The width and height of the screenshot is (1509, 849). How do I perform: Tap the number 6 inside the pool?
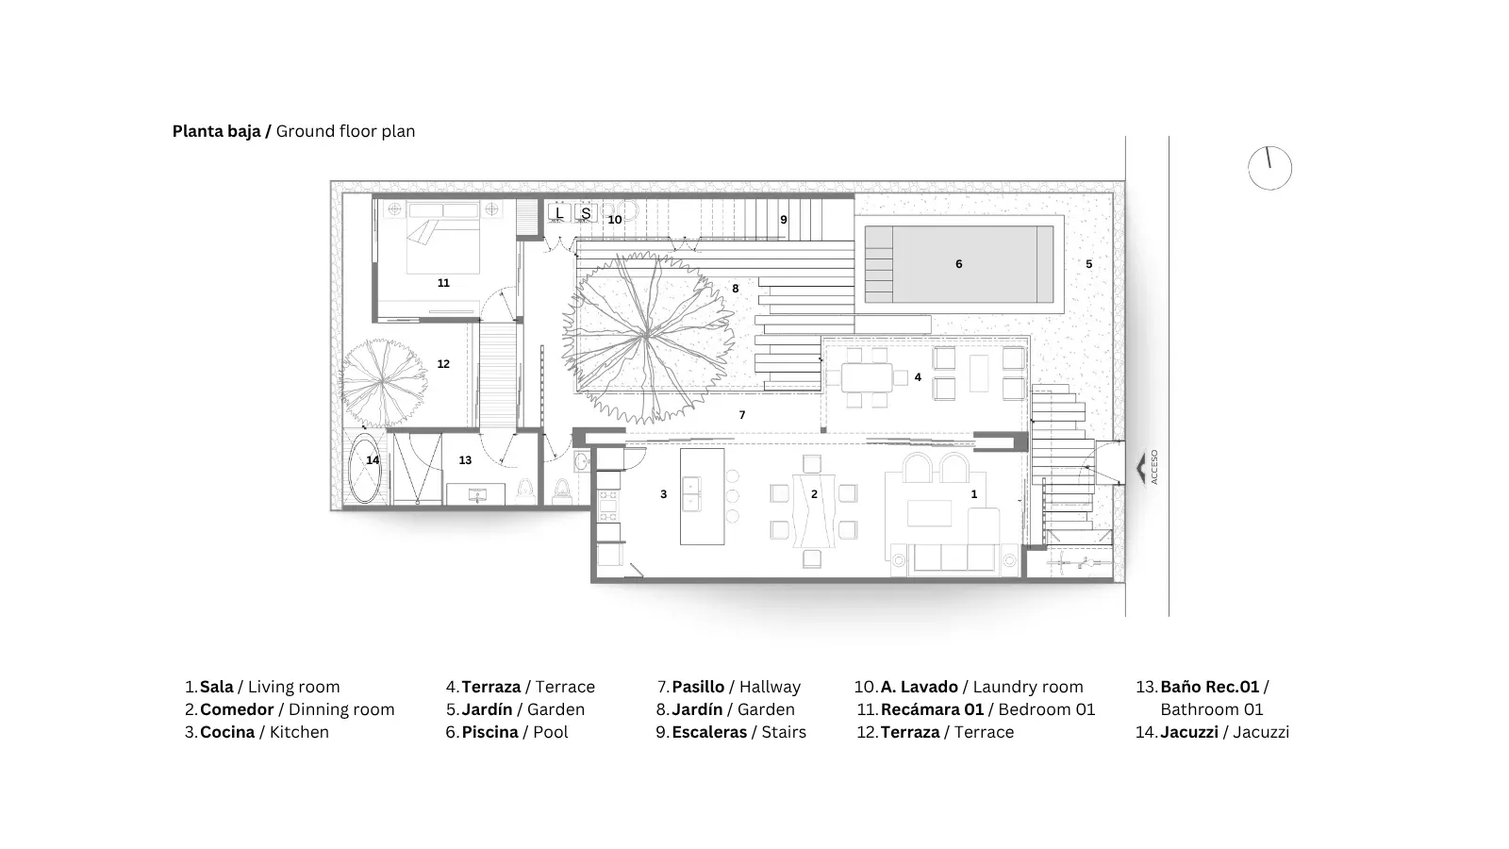(x=958, y=264)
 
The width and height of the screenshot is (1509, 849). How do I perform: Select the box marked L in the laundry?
(x=559, y=213)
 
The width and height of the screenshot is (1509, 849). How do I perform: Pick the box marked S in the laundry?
(x=586, y=213)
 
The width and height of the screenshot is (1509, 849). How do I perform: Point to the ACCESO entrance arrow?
(x=1141, y=468)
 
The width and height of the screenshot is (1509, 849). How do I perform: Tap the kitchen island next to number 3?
(x=702, y=496)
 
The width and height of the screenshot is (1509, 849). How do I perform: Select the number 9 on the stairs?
(x=784, y=220)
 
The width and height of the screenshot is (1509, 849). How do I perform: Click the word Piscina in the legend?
(x=489, y=732)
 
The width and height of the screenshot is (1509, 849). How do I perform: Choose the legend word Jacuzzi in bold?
(x=1189, y=732)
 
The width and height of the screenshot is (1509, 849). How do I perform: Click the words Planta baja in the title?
(x=216, y=131)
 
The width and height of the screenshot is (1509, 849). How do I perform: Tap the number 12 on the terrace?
(x=443, y=364)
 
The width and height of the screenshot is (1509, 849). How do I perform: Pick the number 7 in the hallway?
(x=742, y=415)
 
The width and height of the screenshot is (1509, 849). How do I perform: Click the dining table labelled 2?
(x=815, y=510)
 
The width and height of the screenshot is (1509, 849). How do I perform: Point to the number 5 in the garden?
(x=1088, y=264)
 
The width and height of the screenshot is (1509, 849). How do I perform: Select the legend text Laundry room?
(x=1028, y=688)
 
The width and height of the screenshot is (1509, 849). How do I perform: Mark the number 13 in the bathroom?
(x=465, y=460)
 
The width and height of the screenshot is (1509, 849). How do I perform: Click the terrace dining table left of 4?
(x=867, y=377)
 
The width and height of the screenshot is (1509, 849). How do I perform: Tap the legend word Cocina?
(x=227, y=732)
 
